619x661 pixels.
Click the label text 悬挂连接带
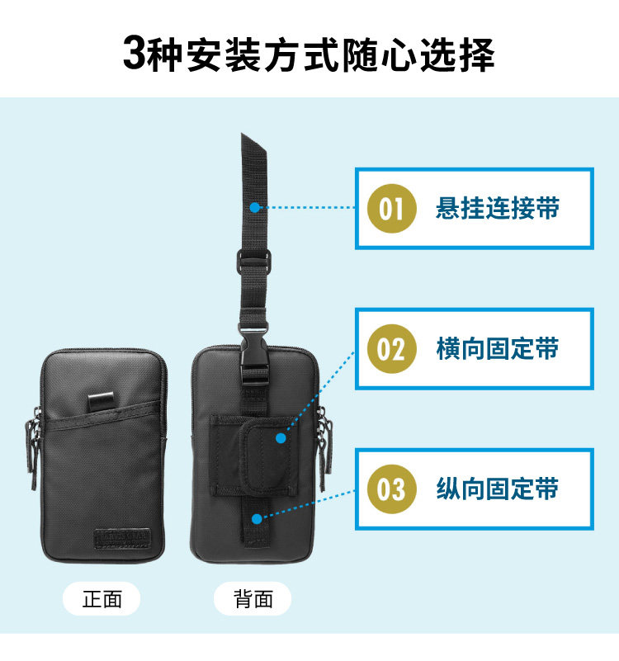[x=497, y=208]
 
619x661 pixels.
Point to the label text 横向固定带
[x=497, y=348]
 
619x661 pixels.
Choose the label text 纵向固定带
[x=497, y=489]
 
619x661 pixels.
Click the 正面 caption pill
[x=102, y=599]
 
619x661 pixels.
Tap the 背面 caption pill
[x=253, y=599]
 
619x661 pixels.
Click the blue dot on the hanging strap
[x=255, y=208]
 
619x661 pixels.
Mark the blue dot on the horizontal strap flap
[x=281, y=437]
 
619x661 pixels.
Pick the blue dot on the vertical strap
[x=257, y=519]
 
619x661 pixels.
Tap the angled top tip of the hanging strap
[x=252, y=140]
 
